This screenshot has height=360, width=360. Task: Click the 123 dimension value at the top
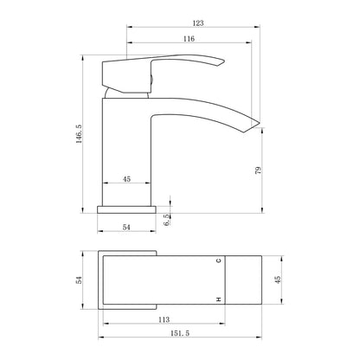point(198,23)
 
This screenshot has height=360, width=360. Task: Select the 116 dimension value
point(189,39)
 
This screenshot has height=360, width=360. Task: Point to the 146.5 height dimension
point(79,134)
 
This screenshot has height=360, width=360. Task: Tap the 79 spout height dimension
point(259,170)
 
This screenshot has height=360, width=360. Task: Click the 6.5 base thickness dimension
point(167,220)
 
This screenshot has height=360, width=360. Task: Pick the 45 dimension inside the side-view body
point(126,179)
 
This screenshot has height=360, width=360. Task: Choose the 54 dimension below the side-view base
point(126,228)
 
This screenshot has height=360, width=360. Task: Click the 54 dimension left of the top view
point(79,280)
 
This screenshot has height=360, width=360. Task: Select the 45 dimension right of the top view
point(278,280)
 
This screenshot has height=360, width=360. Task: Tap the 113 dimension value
point(164,319)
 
